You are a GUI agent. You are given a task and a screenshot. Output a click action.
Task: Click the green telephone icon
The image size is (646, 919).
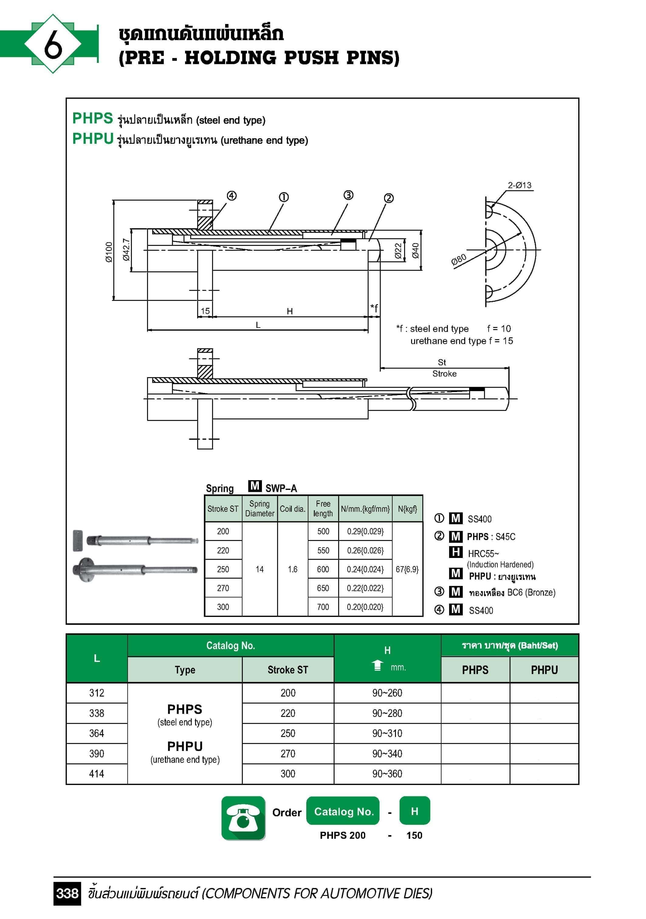(243, 818)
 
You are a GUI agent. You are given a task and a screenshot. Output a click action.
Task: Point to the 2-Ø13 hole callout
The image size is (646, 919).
(520, 185)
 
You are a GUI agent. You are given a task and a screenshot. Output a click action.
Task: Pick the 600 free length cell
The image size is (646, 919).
(323, 569)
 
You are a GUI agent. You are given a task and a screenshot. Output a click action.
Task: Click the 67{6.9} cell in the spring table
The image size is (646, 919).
(407, 569)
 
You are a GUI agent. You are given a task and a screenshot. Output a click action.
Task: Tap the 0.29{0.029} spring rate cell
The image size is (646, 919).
(365, 532)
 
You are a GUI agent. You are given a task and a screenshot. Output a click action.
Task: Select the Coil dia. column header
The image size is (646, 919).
(292, 509)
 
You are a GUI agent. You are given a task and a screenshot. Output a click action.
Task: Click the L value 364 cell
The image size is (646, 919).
(96, 733)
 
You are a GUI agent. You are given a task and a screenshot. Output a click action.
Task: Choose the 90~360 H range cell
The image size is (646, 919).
(387, 774)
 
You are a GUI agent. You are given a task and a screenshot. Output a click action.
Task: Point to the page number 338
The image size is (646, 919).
(67, 893)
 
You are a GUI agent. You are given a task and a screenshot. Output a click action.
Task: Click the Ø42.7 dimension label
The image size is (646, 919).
(126, 250)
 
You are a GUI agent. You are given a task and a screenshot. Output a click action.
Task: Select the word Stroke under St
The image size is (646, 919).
(444, 373)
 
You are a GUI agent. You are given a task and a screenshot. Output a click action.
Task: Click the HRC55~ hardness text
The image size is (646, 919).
(483, 554)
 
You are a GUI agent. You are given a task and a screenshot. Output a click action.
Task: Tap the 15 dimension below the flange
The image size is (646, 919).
(205, 311)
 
